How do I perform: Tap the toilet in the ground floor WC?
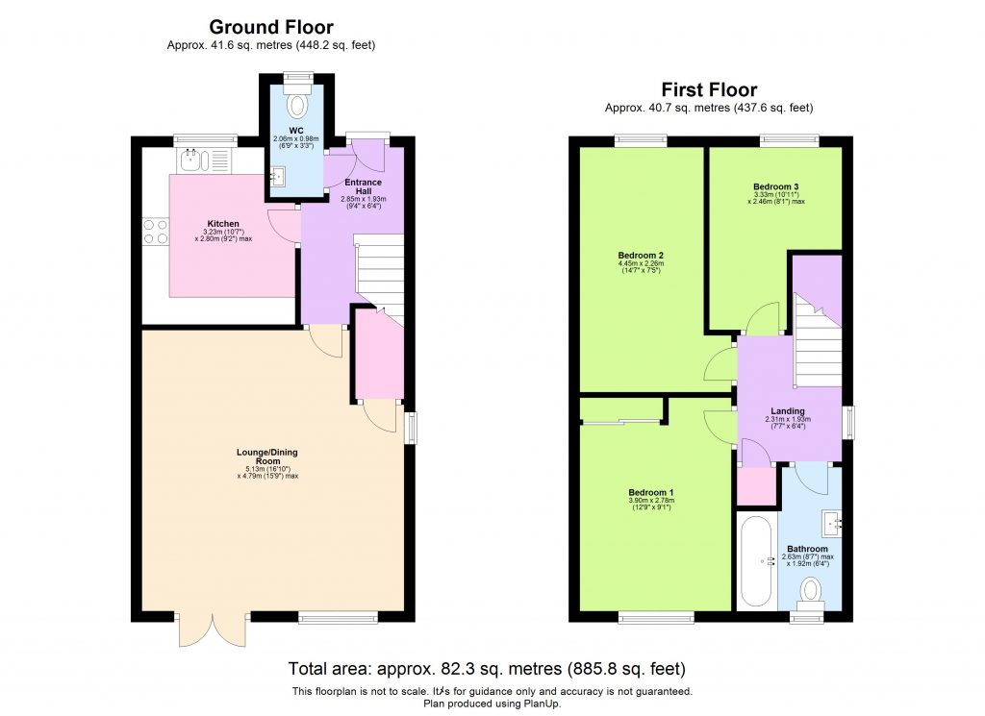(296, 104)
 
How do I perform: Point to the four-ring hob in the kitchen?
(156, 231)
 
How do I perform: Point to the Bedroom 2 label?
(642, 256)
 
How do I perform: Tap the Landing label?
(788, 411)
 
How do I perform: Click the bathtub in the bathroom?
(754, 560)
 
